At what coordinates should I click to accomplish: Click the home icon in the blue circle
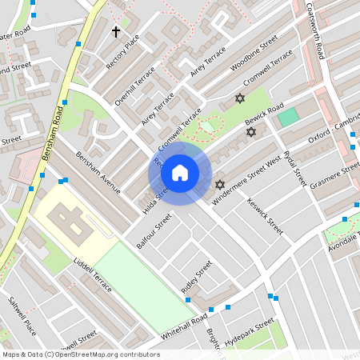180,173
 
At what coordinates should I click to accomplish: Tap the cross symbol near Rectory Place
116,32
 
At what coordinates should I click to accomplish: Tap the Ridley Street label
196,277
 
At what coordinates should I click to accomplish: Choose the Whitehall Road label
184,328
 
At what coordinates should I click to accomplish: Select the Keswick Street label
265,216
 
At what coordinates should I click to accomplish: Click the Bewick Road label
264,118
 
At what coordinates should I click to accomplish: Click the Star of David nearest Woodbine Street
238,98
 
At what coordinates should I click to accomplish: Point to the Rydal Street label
295,169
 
